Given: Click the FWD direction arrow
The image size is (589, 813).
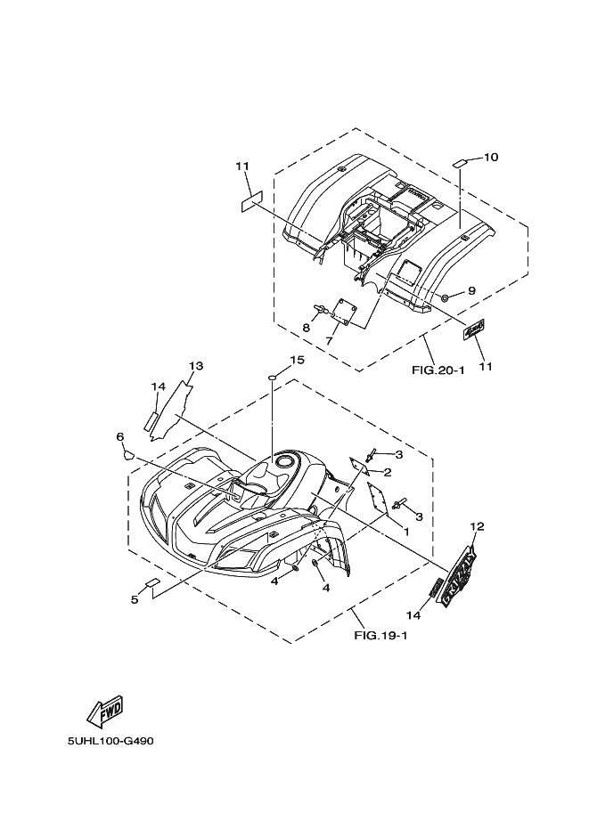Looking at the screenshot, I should [x=104, y=710].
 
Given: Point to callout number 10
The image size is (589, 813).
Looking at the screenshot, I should [x=490, y=158].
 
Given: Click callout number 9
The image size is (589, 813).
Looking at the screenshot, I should [x=471, y=291].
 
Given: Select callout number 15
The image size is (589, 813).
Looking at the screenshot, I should [x=273, y=360].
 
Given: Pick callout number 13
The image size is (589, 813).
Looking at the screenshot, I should [x=196, y=366].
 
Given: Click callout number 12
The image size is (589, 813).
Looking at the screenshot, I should [x=477, y=526].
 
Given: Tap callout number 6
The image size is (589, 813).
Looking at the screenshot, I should [x=119, y=436].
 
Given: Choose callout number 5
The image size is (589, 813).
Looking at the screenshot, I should [x=135, y=599].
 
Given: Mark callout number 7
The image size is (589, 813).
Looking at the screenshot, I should [x=329, y=340].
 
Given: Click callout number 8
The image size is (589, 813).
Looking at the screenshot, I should [x=306, y=328].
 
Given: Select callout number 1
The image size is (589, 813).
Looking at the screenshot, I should [x=405, y=532].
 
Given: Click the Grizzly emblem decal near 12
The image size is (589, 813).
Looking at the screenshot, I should [x=460, y=578].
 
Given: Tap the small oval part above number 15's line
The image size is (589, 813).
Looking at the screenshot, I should [x=273, y=378].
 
